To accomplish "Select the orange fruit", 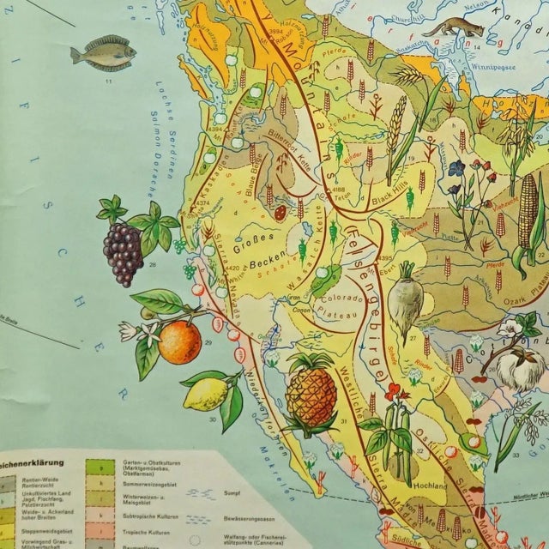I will click(179, 341).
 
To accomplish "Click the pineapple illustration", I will click(311, 395).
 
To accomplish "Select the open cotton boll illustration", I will click(516, 352).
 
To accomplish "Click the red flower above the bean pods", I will click(395, 393).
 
